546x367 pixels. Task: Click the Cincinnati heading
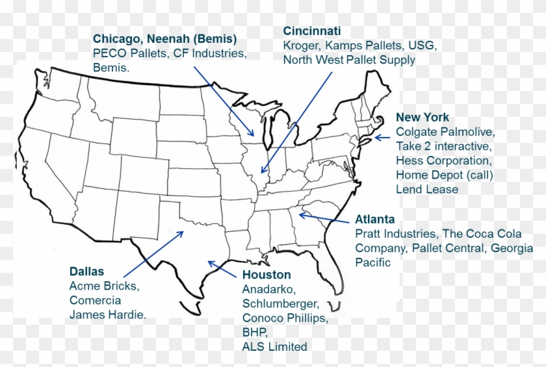[312, 31]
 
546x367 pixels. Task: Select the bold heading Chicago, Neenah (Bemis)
[164, 38]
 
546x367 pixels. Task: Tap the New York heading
[422, 118]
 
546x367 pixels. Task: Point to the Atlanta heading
[375, 220]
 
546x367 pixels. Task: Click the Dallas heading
[86, 272]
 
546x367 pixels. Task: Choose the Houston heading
[266, 275]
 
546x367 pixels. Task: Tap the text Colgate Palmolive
[445, 132]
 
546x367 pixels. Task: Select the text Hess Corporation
[444, 160]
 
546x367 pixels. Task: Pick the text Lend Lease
[427, 189]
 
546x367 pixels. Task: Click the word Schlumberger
[281, 304]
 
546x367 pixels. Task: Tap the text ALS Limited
[274, 347]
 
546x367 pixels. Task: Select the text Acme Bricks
[105, 286]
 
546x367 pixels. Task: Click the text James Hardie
[108, 315]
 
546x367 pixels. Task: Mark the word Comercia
[95, 300]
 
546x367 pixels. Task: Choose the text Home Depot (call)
[445, 175]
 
